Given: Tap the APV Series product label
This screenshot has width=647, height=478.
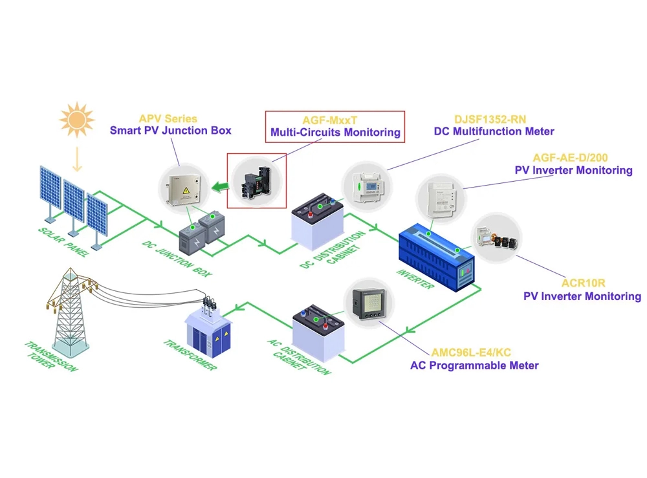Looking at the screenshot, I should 168,119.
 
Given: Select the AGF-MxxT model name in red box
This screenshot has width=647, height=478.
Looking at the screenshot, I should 334,120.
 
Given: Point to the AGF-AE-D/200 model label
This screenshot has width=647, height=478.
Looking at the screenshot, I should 570,158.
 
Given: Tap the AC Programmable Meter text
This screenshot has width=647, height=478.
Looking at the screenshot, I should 474,365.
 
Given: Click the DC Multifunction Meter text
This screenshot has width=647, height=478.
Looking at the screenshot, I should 494,132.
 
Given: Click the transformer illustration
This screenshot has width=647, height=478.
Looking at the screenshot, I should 208,330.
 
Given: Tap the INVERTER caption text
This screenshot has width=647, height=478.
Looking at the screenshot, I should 413,276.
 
